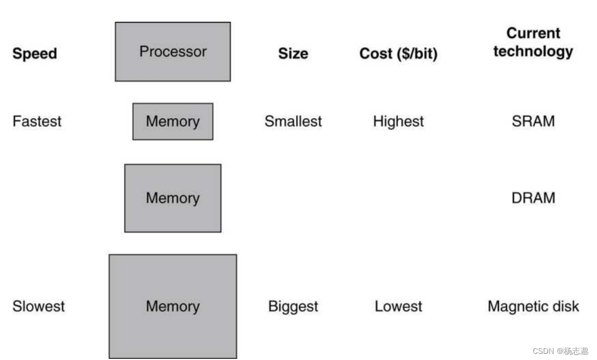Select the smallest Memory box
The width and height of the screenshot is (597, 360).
tap(172, 121)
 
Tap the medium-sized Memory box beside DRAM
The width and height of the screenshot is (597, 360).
tap(172, 198)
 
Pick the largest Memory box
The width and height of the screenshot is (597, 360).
tap(172, 307)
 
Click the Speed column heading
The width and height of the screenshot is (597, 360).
tap(35, 53)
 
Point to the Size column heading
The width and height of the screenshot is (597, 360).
tap(293, 53)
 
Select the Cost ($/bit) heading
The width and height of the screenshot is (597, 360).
tap(398, 53)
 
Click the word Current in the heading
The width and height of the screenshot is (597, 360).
tap(533, 33)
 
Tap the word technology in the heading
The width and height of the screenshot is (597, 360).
tap(533, 51)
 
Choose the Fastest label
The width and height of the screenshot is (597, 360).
tap(37, 121)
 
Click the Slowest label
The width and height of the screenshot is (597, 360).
tap(38, 307)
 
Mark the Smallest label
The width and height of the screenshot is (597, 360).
tap(293, 121)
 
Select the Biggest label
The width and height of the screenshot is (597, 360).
tap(293, 307)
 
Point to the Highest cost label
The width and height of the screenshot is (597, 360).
tap(398, 121)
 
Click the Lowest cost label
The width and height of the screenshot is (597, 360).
tap(398, 307)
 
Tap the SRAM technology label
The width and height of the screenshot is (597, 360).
tap(533, 121)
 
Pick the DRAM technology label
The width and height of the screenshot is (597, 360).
tap(533, 198)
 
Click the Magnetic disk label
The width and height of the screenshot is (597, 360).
tap(533, 307)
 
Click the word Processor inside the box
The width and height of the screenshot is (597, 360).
tap(173, 52)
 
